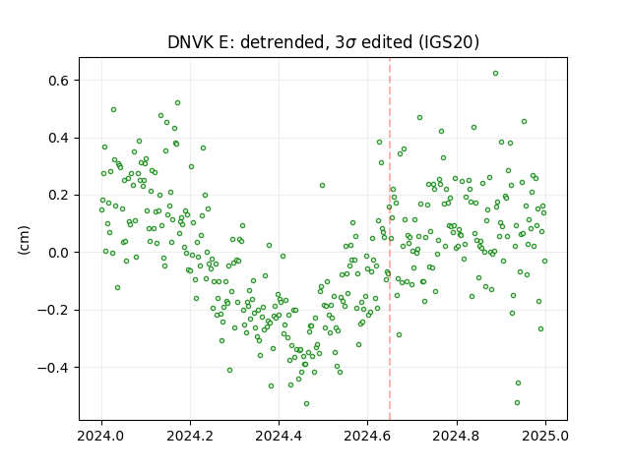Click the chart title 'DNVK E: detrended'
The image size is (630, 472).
[246, 42]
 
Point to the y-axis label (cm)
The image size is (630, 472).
[24, 240]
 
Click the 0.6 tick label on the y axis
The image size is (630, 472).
[58, 81]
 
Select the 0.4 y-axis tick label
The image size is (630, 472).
[58, 138]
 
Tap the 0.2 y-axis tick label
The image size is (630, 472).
[58, 196]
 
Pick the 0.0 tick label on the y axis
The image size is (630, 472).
[58, 253]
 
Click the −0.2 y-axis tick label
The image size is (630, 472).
[53, 311]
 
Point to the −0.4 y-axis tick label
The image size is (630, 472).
[53, 368]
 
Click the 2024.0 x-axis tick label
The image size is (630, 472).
[101, 436]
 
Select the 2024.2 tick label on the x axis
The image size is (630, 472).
[190, 436]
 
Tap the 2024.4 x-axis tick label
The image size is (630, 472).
[279, 436]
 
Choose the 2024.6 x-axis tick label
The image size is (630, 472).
[367, 436]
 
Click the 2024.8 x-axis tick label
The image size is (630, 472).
[457, 436]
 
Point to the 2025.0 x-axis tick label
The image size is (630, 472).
[545, 436]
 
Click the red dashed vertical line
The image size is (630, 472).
[390, 239]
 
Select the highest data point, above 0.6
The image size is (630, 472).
[496, 74]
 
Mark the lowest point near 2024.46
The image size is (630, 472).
[306, 404]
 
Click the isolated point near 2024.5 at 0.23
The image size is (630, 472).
[322, 186]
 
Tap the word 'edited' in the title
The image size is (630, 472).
[387, 42]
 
